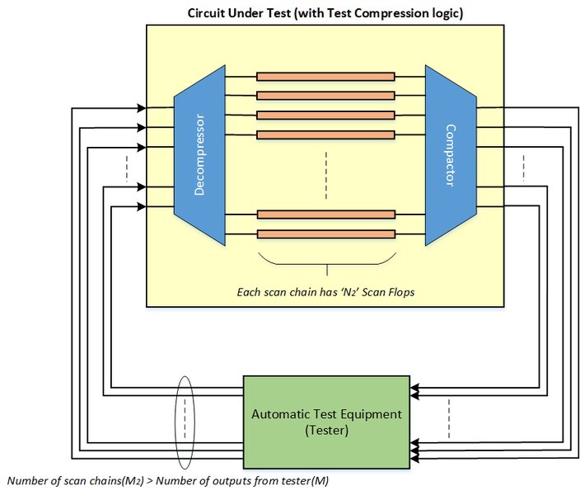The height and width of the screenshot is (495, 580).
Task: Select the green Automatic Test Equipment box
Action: click(326, 421)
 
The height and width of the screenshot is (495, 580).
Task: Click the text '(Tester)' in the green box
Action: click(326, 430)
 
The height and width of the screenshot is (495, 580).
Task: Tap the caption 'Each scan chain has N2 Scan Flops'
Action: click(326, 291)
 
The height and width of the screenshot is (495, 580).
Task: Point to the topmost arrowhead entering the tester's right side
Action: click(414, 384)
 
